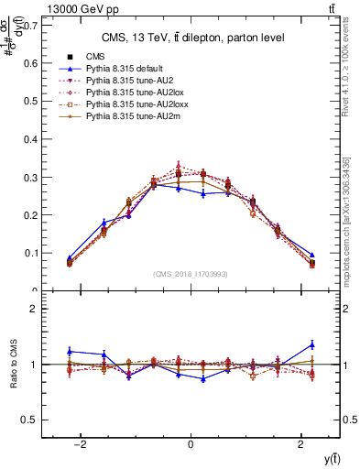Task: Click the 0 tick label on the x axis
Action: tap(191, 444)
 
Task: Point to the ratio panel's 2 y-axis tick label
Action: tap(33, 310)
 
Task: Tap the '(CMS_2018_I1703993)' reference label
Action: tap(191, 274)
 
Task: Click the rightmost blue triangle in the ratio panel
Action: tap(312, 344)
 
